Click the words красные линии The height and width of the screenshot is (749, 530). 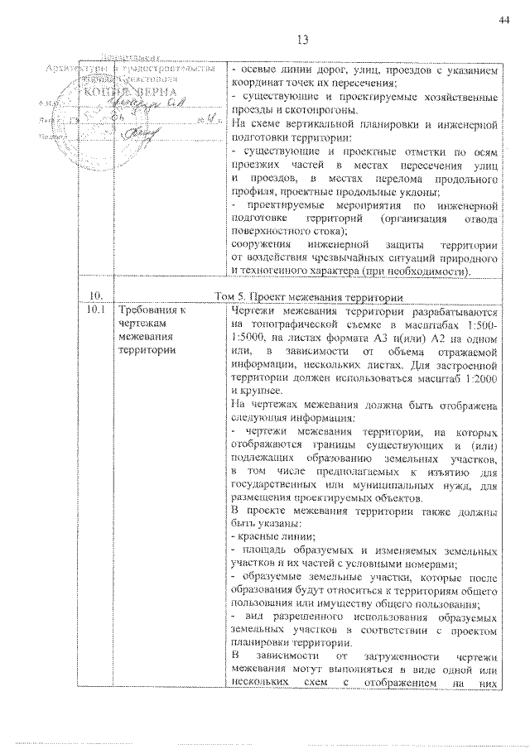263,537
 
